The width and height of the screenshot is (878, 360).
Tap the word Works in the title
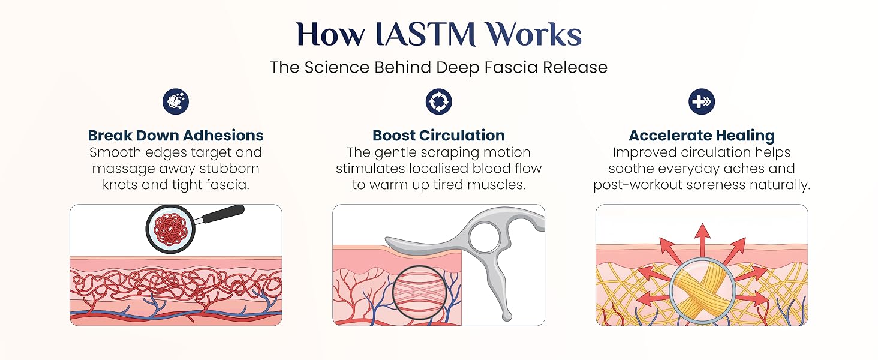pyautogui.click(x=533, y=34)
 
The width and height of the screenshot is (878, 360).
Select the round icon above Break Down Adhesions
pyautogui.click(x=176, y=101)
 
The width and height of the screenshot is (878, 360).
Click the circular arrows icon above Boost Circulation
pyautogui.click(x=438, y=101)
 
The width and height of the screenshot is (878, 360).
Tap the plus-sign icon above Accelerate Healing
pyautogui.click(x=702, y=101)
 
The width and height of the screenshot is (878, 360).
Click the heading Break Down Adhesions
pyautogui.click(x=176, y=135)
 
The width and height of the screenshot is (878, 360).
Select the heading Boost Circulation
pyautogui.click(x=438, y=135)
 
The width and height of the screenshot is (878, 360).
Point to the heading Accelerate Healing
pyautogui.click(x=702, y=136)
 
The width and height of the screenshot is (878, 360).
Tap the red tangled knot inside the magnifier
pyautogui.click(x=170, y=229)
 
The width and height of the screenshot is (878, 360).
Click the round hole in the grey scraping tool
pyautogui.click(x=484, y=238)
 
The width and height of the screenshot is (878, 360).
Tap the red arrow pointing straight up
pyautogui.click(x=702, y=240)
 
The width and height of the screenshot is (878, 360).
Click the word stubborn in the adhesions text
pyautogui.click(x=229, y=169)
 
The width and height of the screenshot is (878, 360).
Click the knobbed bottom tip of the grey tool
pyautogui.click(x=507, y=316)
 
